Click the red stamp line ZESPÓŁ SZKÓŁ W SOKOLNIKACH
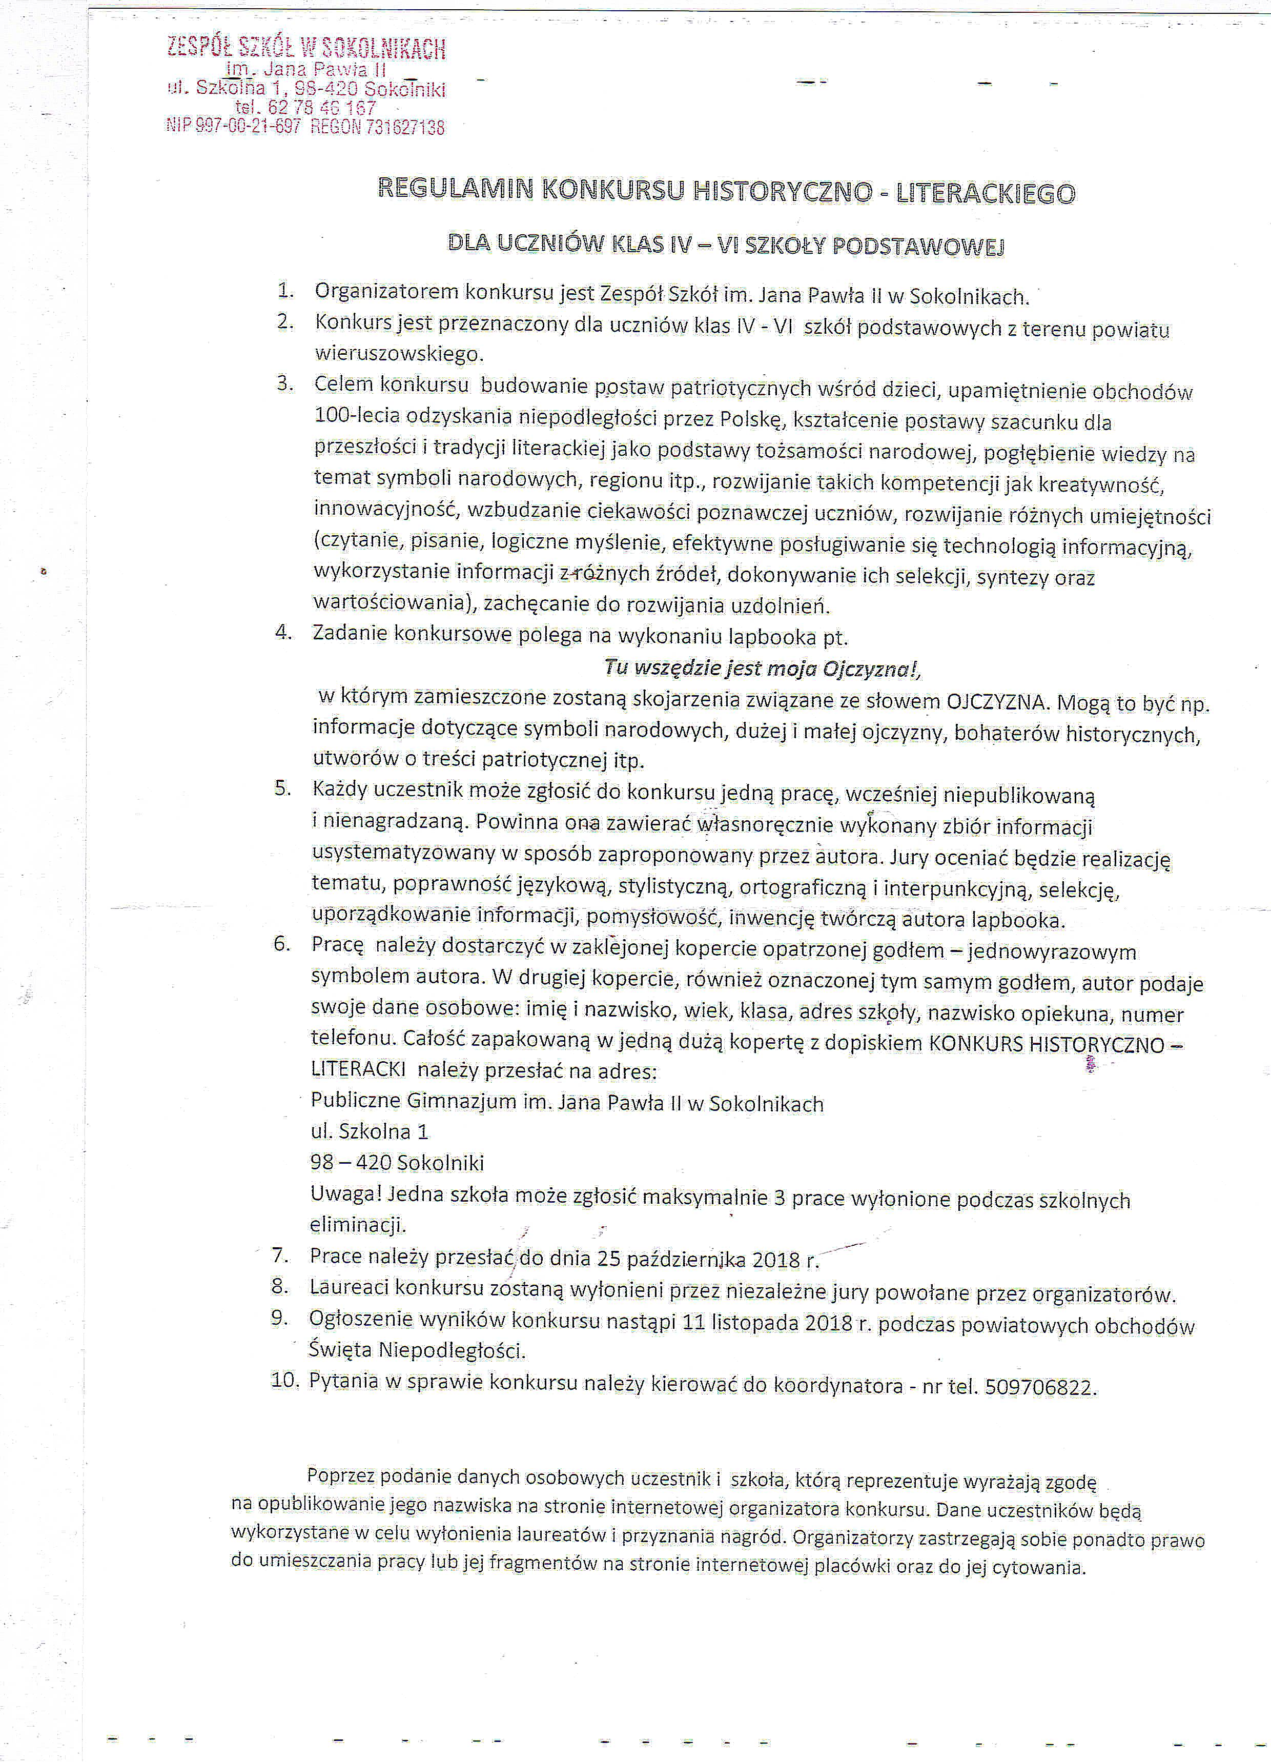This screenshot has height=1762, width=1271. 306,49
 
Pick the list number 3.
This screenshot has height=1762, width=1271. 285,383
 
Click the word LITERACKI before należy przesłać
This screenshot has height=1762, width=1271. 357,1069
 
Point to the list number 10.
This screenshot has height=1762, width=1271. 284,1381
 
